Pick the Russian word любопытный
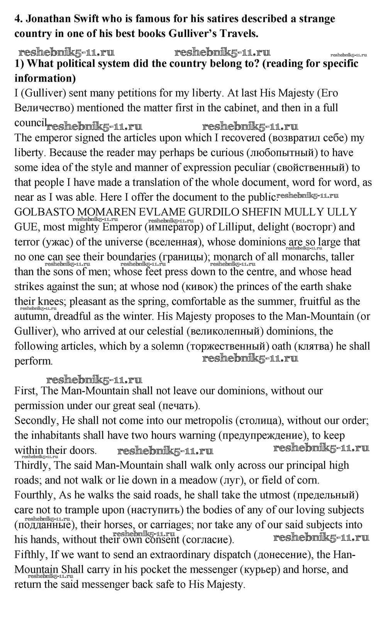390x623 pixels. pos(282,153)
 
